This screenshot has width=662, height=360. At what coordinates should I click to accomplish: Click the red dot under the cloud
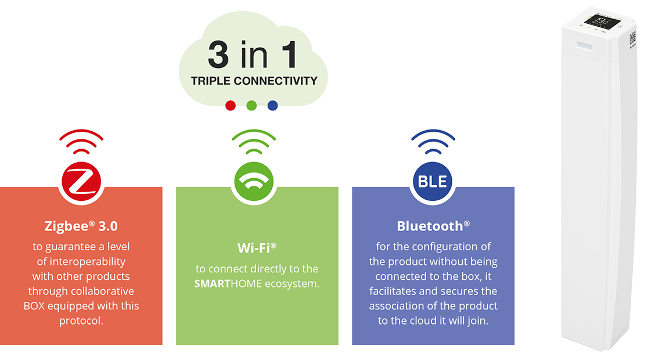[x=231, y=106]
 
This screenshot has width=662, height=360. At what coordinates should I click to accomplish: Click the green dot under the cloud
[x=251, y=106]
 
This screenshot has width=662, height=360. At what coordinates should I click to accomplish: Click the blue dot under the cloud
[x=273, y=106]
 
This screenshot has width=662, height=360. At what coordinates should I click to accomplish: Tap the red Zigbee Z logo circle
[x=81, y=182]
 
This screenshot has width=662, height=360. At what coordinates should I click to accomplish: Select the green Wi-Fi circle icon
[x=254, y=182]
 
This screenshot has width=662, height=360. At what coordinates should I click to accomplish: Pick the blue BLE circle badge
[x=432, y=182]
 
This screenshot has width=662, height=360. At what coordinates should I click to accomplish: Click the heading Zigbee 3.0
[x=81, y=226]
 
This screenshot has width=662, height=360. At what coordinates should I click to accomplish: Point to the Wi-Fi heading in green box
[x=257, y=248]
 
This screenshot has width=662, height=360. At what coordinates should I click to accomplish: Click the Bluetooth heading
[x=433, y=226]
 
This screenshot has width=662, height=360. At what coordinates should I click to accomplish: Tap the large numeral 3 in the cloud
[x=218, y=55]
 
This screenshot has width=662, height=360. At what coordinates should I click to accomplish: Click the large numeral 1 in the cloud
[x=290, y=55]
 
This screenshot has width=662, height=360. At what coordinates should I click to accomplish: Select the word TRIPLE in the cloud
[x=210, y=81]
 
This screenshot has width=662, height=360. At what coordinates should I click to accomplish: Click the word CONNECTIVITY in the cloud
[x=275, y=81]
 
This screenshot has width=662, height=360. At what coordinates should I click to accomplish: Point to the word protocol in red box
[x=81, y=321]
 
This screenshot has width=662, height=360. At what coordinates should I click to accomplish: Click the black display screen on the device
[x=602, y=21]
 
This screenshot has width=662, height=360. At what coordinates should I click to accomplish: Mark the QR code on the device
[x=632, y=38]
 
